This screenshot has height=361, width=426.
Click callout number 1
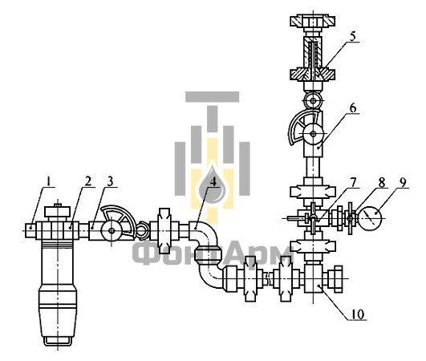coord(49,181)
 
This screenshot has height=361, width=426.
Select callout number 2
coord(88,181)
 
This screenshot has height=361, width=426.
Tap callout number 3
coord(110,181)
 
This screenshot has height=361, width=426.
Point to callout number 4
coord(214,182)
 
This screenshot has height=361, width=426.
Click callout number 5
coord(352,36)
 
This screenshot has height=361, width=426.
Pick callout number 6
coord(353,108)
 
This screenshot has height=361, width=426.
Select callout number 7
coord(353,182)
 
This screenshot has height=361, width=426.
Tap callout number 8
coord(382,183)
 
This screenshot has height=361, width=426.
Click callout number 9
coord(403,182)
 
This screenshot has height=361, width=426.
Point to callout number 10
coord(357,314)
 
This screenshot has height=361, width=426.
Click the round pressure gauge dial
coord(371,217)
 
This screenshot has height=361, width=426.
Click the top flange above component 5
coord(313,21)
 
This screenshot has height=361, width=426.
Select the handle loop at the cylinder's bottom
coord(57,342)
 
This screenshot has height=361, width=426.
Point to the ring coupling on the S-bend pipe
coord(209,255)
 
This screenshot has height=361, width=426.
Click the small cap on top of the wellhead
coord(57,212)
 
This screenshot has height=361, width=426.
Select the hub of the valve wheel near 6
coord(314,134)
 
